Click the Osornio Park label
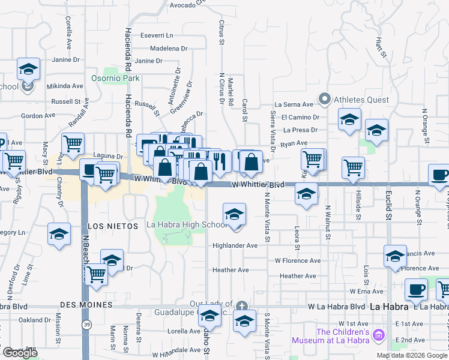pos(115,78)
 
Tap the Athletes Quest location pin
pos(325,98)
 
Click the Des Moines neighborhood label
pos(86,305)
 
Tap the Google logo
pos(20,353)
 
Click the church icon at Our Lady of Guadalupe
pos(241,305)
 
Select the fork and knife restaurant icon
pos(219,161)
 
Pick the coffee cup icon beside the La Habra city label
pos(416,290)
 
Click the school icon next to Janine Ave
pos(28,69)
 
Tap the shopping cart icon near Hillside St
pos(354,168)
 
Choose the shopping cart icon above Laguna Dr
pos(73,143)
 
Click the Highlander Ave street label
pos(235,246)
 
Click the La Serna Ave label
pos(294,104)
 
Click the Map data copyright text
pos(412,355)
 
